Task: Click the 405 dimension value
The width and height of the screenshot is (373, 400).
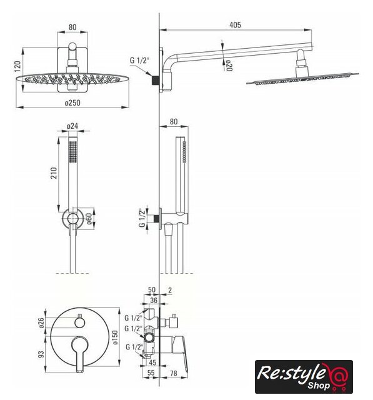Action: [235, 25]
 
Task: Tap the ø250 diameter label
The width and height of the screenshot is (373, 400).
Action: [72, 102]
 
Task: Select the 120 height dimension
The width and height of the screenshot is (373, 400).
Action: [17, 66]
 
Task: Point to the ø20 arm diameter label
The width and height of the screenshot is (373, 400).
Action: [229, 66]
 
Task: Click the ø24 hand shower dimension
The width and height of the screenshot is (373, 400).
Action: [72, 126]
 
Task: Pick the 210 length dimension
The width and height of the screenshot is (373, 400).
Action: [54, 172]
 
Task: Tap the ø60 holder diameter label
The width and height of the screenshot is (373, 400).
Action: [89, 218]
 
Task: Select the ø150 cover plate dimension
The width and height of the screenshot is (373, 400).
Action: [115, 337]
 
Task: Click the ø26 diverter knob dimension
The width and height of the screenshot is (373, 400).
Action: [41, 322]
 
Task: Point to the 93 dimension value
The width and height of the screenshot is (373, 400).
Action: [41, 354]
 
